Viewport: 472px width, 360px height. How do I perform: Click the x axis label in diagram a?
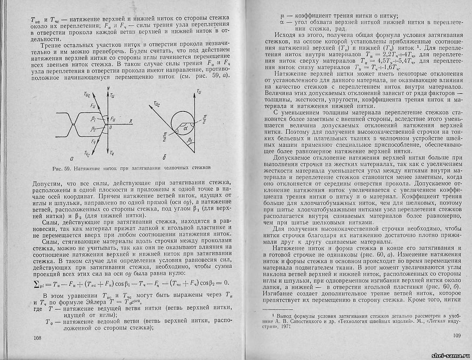coord(130,120)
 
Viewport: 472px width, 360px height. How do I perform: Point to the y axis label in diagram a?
coord(107,88)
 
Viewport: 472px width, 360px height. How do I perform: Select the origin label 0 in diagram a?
coord(110,127)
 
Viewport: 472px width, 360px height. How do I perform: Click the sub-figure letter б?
coord(164,157)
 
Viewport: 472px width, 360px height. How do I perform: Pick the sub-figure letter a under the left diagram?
coord(78,158)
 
